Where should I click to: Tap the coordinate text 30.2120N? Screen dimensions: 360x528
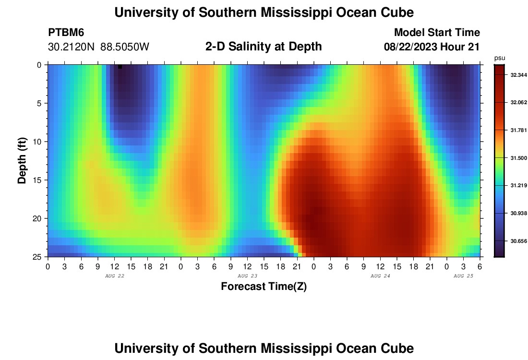(x=72, y=47)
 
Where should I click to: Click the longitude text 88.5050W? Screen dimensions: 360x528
(x=125, y=47)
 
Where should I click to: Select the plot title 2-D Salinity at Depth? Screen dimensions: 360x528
(x=264, y=47)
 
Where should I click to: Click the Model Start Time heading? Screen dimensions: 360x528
(x=437, y=33)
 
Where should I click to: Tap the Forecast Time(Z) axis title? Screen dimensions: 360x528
(x=264, y=287)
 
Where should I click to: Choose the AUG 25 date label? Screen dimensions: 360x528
(x=463, y=276)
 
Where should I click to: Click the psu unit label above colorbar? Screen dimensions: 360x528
(x=500, y=58)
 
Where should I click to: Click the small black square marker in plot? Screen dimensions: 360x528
(x=120, y=67)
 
